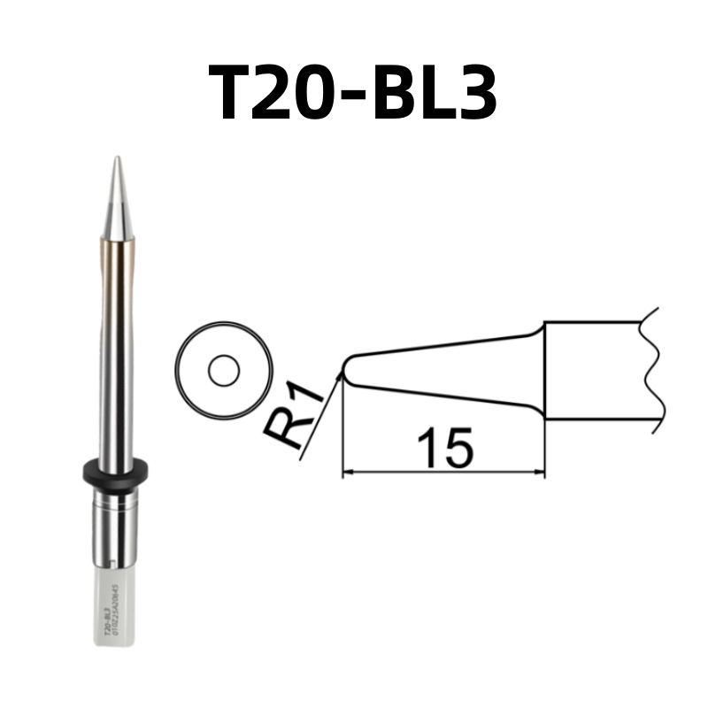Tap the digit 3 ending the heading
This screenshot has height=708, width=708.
(469, 93)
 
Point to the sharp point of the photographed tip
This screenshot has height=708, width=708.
(116, 159)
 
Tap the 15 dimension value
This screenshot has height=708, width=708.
(444, 448)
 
